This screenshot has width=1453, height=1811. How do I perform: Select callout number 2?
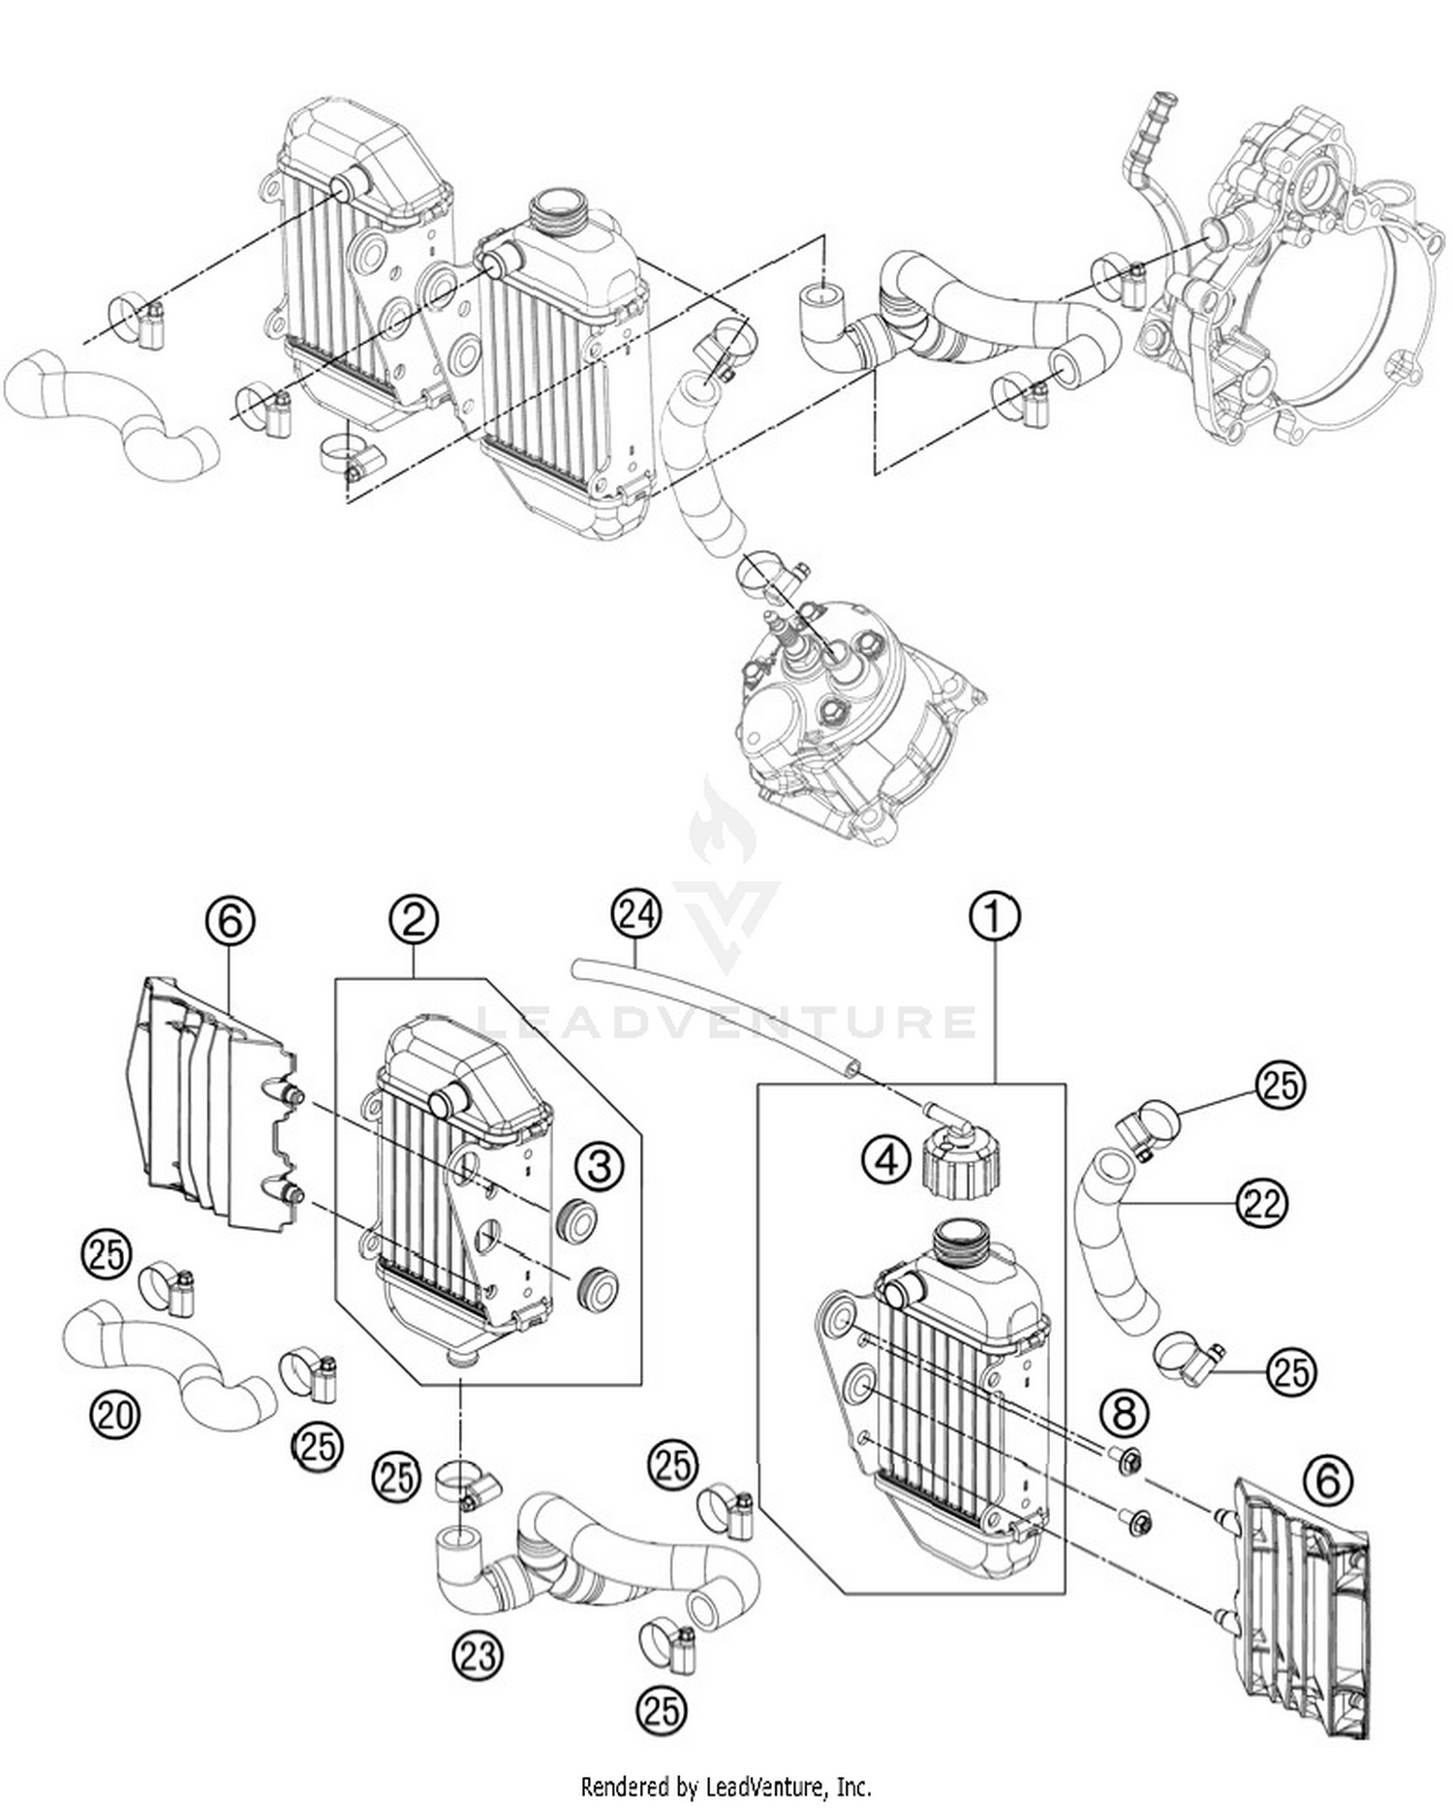point(414,920)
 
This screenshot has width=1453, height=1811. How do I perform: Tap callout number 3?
point(600,1166)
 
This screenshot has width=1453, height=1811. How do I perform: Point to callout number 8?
point(1124,1414)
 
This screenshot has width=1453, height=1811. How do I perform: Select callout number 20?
point(115,1417)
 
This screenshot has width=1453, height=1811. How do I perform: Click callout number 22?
point(1261,1205)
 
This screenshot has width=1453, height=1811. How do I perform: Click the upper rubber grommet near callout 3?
point(578,1222)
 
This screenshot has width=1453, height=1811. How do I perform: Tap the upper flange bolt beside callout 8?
point(1129,1459)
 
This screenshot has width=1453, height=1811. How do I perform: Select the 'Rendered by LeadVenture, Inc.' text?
point(726,1785)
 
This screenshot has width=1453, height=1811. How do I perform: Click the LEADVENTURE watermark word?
point(726,1022)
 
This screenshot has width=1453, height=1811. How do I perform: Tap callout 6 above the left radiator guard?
point(230,921)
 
